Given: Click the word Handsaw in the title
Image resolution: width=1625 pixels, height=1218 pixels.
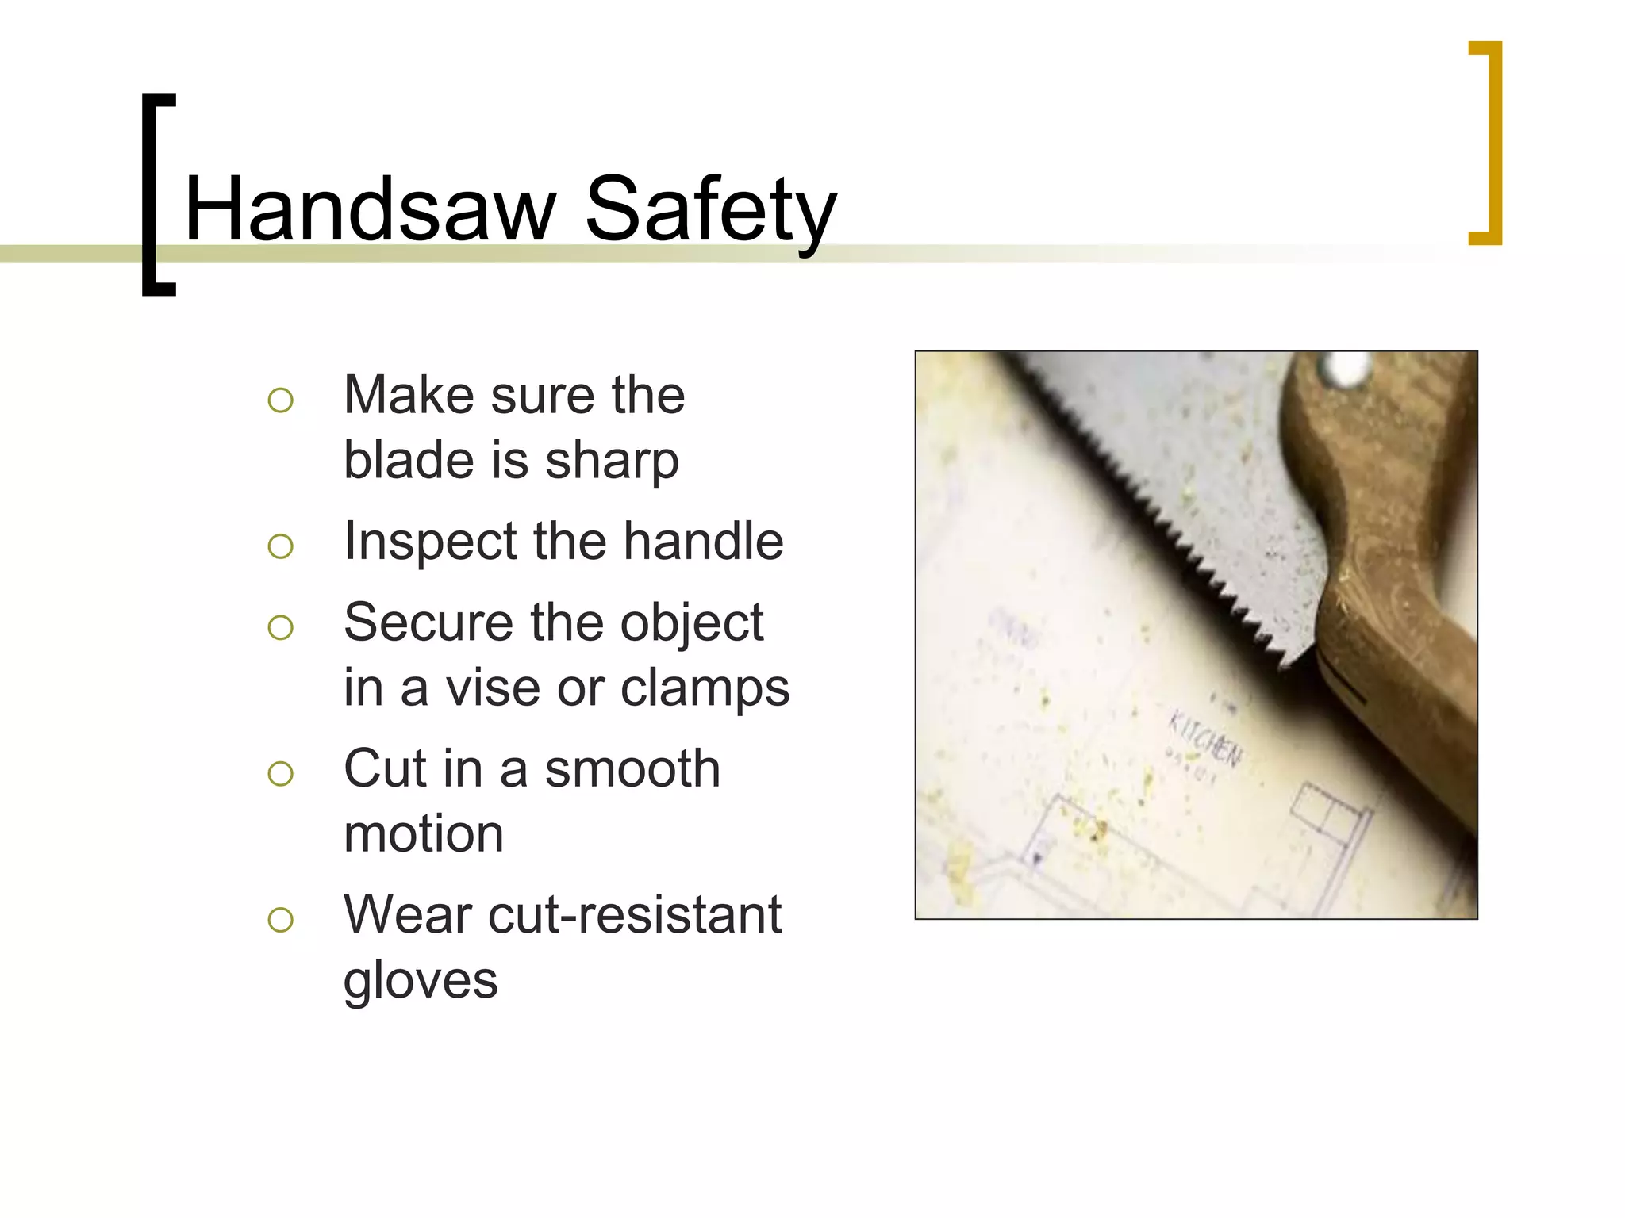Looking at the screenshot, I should coord(370,209).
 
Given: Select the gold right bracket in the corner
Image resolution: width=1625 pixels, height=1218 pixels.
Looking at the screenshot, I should coord(1491,143).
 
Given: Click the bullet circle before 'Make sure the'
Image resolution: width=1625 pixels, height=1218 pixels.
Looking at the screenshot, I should coord(280,400).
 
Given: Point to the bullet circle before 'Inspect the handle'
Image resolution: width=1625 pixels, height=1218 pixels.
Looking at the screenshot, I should coord(280,546).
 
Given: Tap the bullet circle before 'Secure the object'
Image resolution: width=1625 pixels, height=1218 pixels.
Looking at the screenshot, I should coord(280,628).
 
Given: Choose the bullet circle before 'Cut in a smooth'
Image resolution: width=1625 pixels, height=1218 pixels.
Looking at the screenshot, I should coord(280,774).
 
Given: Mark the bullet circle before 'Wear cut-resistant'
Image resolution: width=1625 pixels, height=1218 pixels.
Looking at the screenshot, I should coord(280,920).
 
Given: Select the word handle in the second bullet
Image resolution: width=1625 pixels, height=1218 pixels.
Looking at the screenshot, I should coord(703,542).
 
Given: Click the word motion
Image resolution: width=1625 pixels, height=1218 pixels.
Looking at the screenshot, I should coord(424,834).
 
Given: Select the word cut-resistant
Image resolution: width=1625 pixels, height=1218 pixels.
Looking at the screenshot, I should coord(635,915).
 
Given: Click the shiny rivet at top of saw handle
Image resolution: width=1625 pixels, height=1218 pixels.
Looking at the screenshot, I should coord(1345,369).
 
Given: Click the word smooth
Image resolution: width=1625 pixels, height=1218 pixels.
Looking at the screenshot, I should coord(632,769).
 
